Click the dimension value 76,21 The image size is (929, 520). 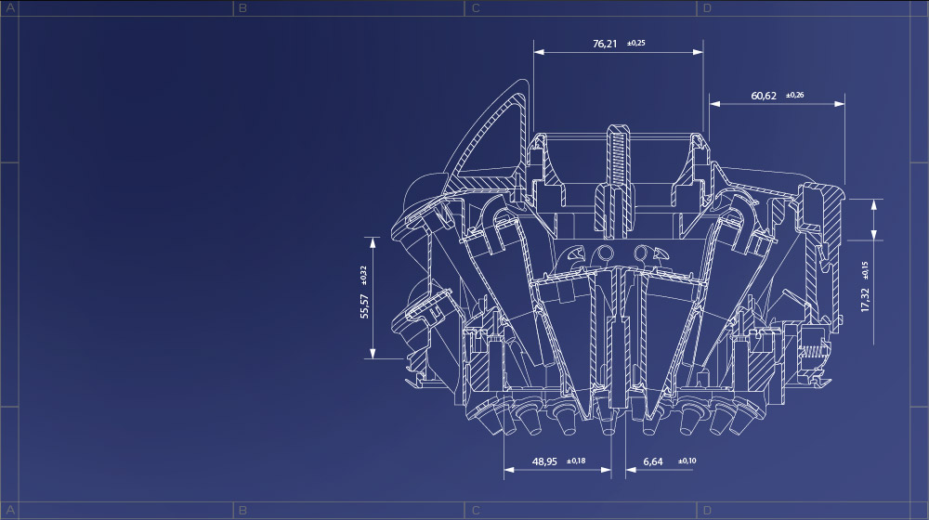[x=605, y=44]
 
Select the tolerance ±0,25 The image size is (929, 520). [x=636, y=44]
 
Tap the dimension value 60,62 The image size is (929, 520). [x=764, y=96]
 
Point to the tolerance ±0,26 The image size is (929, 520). [x=795, y=96]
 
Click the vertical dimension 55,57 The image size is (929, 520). [x=364, y=305]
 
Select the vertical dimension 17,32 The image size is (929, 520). [x=865, y=299]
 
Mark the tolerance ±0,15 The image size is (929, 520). [x=865, y=268]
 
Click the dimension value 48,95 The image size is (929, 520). [x=544, y=461]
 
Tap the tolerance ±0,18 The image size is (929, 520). [x=576, y=461]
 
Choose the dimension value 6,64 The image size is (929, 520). [x=652, y=461]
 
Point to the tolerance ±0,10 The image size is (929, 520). [x=687, y=461]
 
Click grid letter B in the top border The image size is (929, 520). [x=242, y=8]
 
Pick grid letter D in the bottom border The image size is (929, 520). [x=708, y=511]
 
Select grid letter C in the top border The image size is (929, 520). [x=476, y=8]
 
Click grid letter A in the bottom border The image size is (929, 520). [x=10, y=511]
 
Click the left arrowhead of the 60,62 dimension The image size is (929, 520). [x=713, y=104]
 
